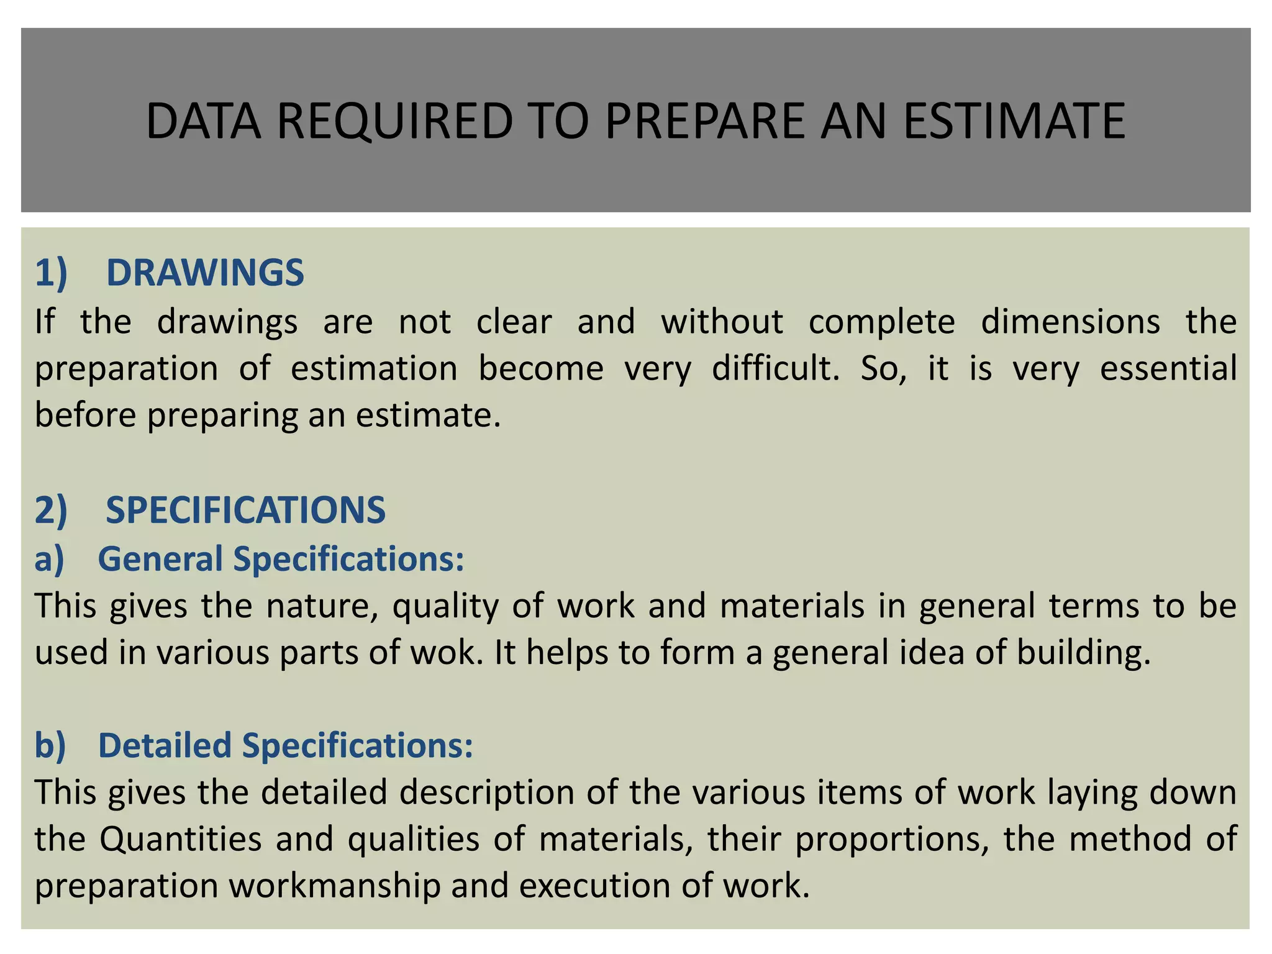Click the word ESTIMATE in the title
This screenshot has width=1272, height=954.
click(x=1014, y=121)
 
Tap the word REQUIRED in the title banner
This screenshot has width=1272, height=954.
click(x=395, y=121)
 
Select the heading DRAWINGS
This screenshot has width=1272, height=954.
click(x=205, y=273)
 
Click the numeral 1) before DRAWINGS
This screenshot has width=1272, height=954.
click(x=51, y=273)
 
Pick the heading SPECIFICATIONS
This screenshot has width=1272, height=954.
click(x=245, y=510)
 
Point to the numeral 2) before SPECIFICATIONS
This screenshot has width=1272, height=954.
click(x=51, y=510)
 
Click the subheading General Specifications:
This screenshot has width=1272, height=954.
click(x=281, y=558)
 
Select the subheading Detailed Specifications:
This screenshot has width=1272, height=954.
click(x=286, y=745)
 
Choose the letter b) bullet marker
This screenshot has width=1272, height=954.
click(x=50, y=745)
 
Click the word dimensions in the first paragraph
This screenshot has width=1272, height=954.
click(x=1070, y=322)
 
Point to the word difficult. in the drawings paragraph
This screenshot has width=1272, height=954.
click(x=775, y=368)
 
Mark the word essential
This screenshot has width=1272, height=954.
click(x=1168, y=368)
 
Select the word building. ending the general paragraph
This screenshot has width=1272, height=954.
click(x=1084, y=653)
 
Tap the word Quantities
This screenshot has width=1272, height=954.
click(x=181, y=839)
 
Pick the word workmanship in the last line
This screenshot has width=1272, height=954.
click(x=335, y=886)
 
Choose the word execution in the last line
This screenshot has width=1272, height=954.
click(x=594, y=886)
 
